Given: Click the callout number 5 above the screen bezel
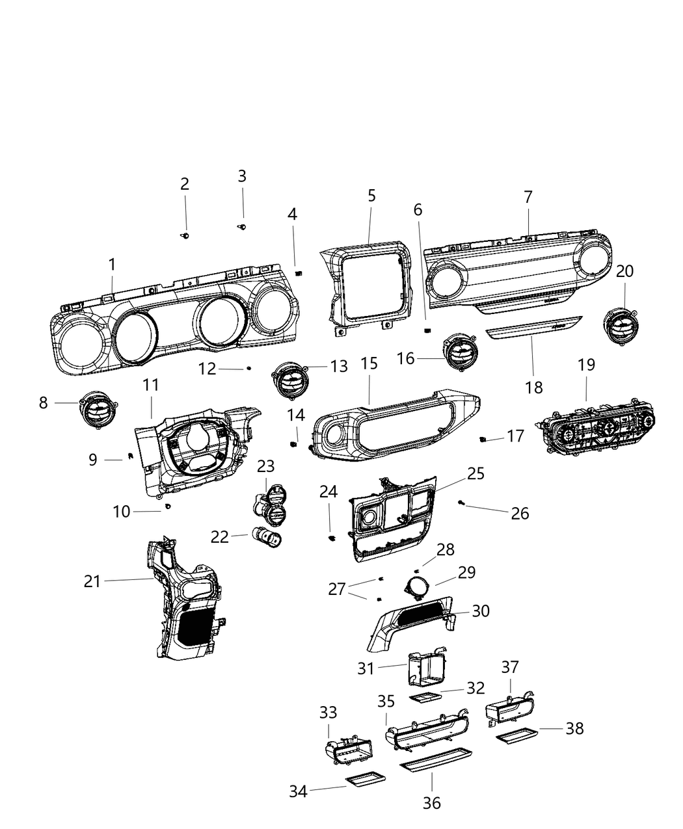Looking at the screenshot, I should pos(371,195).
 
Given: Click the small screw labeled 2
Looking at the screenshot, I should pos(185,235).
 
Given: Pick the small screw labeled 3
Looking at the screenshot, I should pos(243,226).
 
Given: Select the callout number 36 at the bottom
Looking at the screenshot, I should pos(431,803).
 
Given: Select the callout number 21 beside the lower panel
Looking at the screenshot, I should pos(92,581).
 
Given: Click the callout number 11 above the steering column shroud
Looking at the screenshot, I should pos(151,385).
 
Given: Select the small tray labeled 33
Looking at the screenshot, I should pos(348,754).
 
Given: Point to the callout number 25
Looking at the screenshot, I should pos(475,473).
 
